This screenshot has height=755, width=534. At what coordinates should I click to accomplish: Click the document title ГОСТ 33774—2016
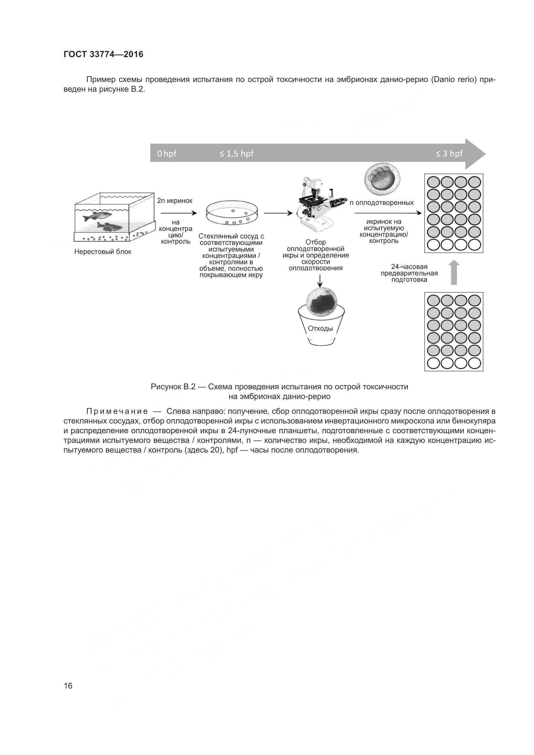coord(103,54)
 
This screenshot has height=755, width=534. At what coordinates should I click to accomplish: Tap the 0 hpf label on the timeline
coord(166,154)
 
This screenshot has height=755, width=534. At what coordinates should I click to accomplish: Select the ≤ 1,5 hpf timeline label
coord(236,154)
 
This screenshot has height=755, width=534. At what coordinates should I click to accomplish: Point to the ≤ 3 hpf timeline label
coord(449,154)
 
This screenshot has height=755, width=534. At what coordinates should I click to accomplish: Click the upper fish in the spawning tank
coord(97,217)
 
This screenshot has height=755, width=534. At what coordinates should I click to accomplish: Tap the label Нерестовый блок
coord(103,252)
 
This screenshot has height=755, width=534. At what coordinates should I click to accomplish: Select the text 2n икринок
coord(175,201)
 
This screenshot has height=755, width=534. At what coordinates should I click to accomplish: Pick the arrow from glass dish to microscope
coord(278,213)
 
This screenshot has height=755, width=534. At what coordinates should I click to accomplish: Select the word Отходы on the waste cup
coord(320,329)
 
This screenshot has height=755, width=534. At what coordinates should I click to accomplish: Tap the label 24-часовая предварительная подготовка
coord(409,273)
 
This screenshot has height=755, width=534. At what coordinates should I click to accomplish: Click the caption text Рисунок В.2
coord(173,387)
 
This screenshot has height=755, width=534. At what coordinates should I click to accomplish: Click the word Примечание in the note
coord(117,411)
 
